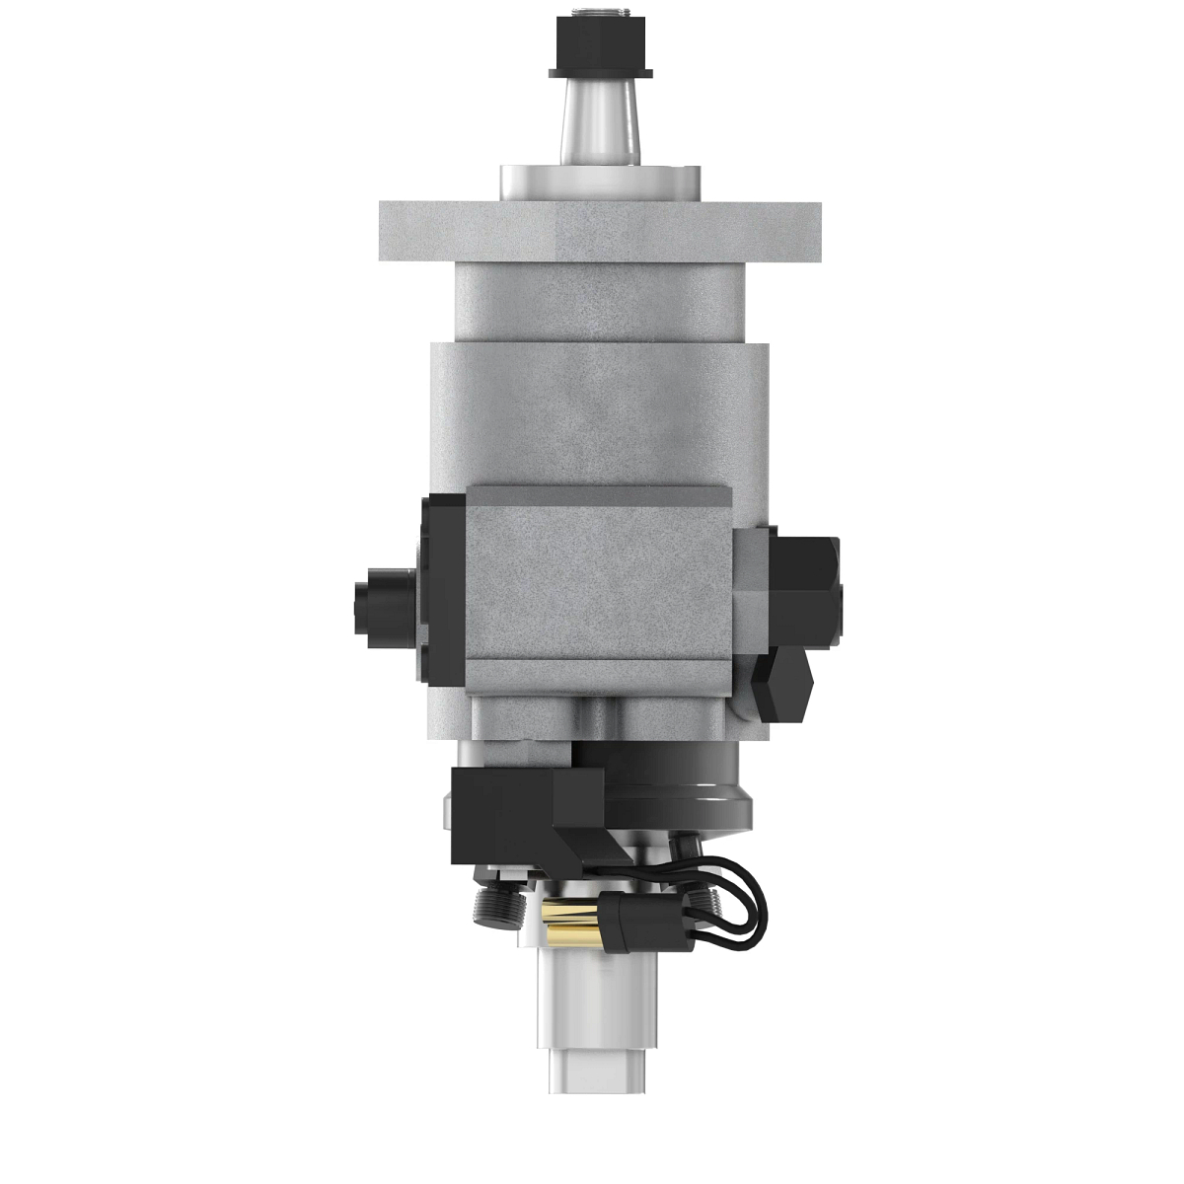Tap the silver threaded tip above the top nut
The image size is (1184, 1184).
click(x=599, y=16)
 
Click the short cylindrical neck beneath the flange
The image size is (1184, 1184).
click(x=599, y=301)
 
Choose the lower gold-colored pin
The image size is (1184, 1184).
click(x=569, y=930)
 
